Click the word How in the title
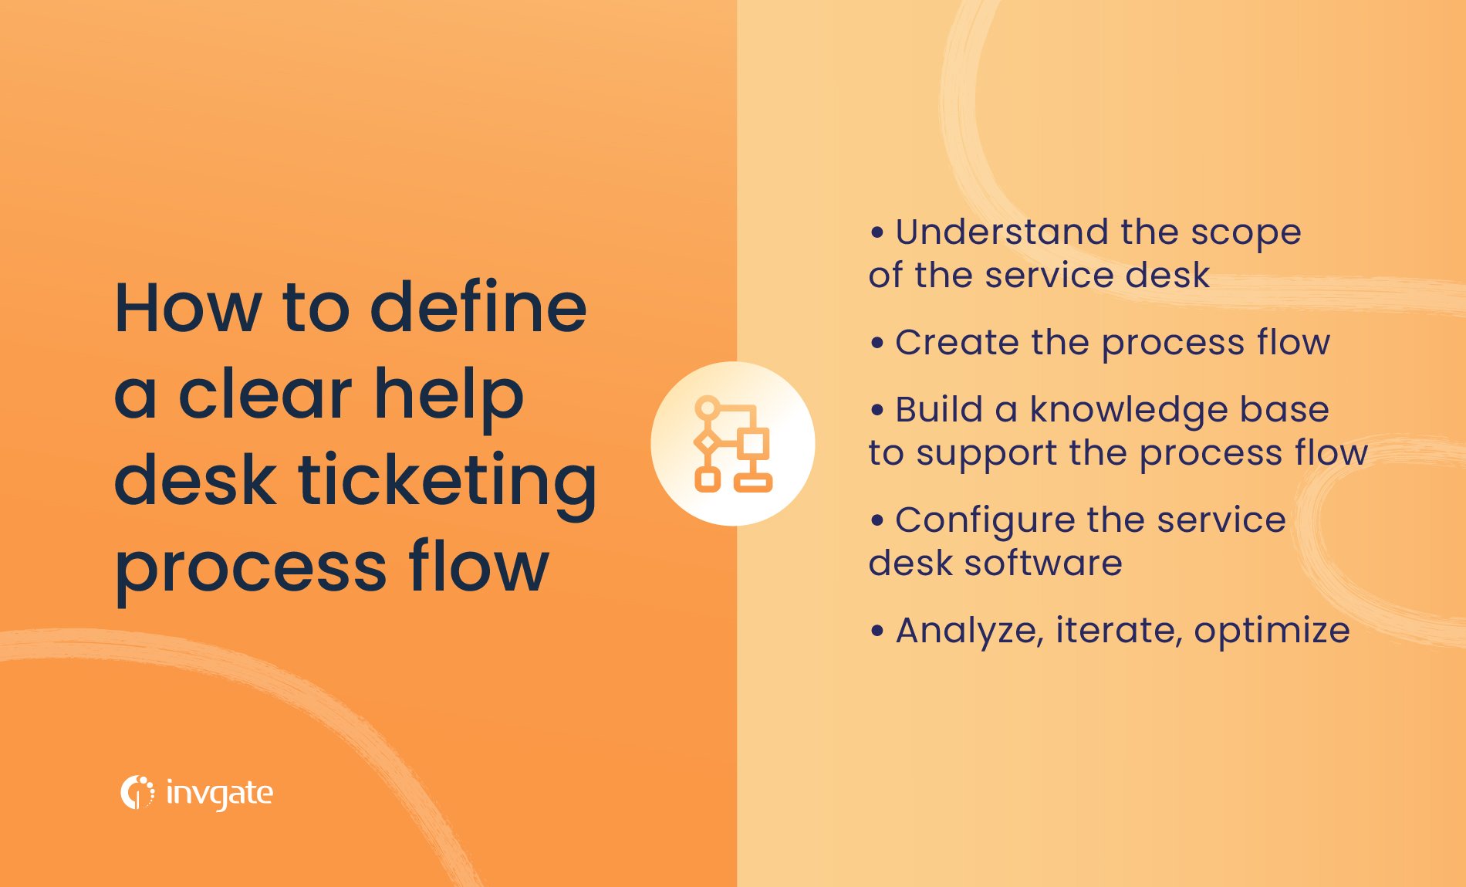(x=187, y=308)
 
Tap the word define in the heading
(x=478, y=308)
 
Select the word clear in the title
(x=265, y=394)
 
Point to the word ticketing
(x=448, y=482)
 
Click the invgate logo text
(x=220, y=794)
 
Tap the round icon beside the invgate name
(x=137, y=793)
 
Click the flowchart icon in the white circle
(x=733, y=444)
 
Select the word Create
(x=956, y=342)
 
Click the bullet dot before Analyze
(x=877, y=631)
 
